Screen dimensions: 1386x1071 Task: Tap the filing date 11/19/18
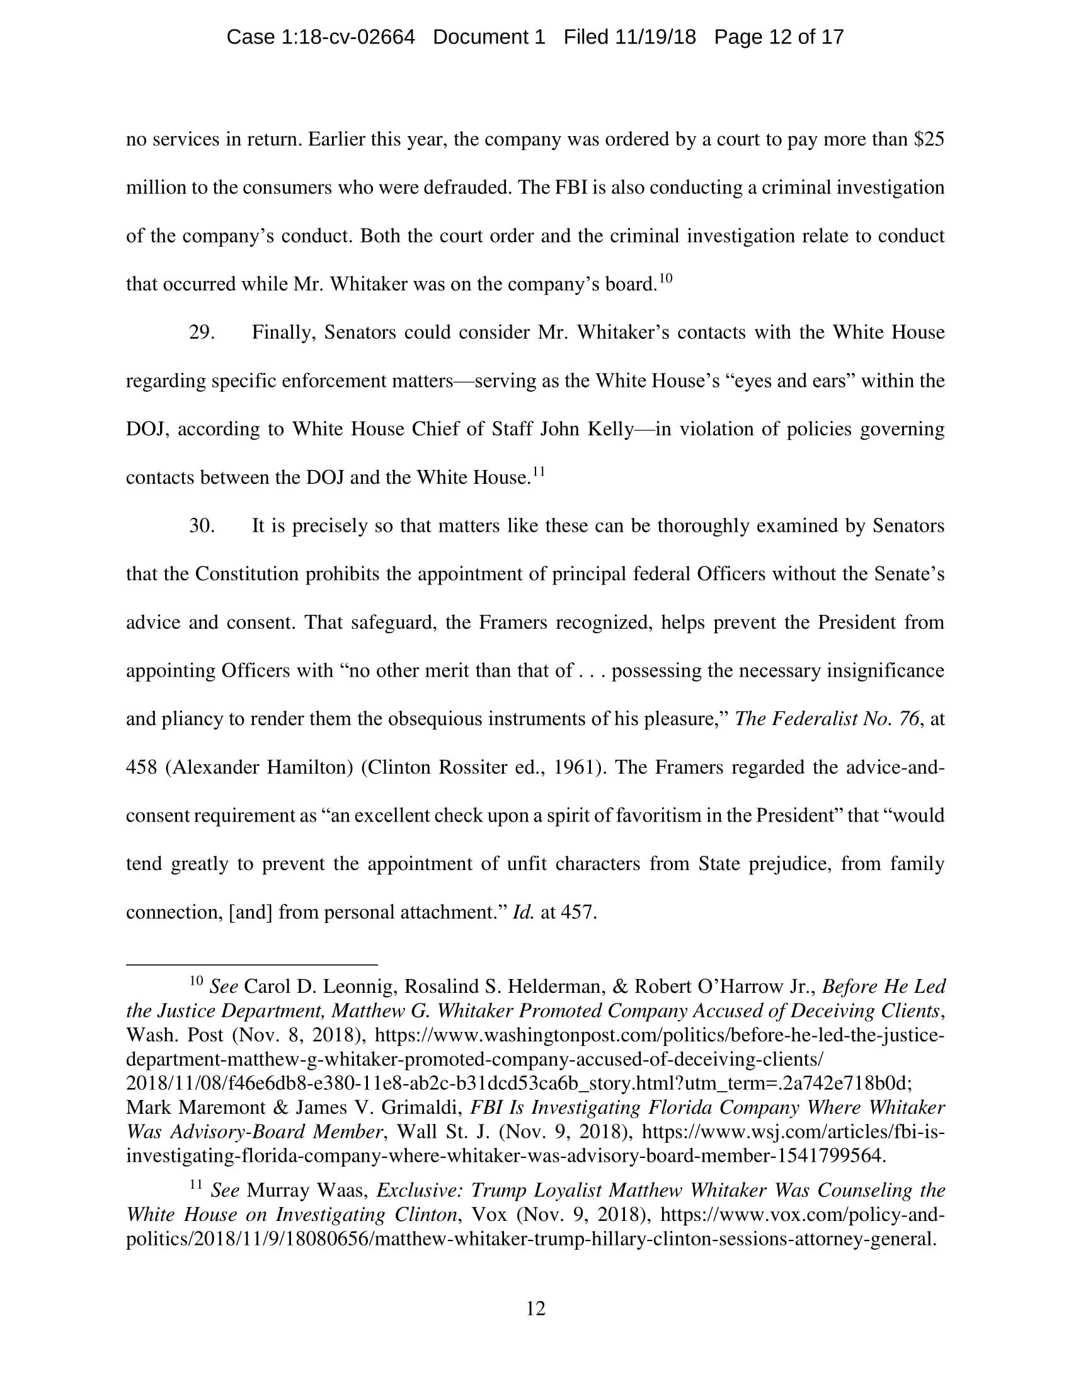coord(655,37)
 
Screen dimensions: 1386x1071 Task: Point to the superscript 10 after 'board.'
coord(665,278)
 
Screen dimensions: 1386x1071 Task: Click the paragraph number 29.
coord(201,333)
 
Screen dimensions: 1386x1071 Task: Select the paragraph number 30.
coord(201,526)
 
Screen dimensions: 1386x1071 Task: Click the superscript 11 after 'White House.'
coord(538,471)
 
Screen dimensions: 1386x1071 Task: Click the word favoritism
coord(662,815)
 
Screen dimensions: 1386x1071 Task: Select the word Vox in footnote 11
coord(490,1215)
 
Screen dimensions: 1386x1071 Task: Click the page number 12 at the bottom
coord(535,1309)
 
